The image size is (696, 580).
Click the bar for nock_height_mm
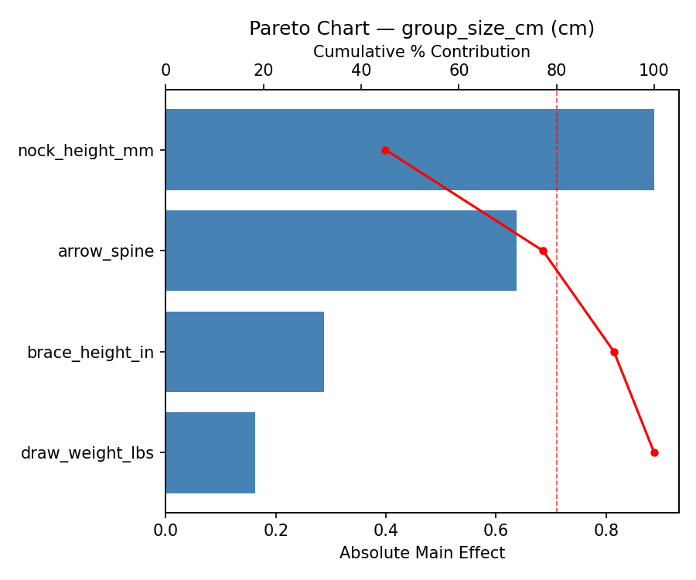[410, 150]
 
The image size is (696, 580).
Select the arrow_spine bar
[341, 251]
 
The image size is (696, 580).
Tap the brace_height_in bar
[244, 352]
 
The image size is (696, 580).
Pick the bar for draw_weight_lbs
[210, 452]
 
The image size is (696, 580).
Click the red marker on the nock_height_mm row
[385, 150]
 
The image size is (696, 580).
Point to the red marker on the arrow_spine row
[543, 251]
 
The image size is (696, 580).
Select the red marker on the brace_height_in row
[614, 352]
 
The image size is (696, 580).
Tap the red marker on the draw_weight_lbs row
[654, 452]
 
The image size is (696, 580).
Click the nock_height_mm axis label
[86, 151]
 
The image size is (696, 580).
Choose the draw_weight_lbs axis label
[87, 453]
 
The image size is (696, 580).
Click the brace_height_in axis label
[90, 353]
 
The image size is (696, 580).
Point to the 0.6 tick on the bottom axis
[496, 531]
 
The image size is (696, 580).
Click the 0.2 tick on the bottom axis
[276, 531]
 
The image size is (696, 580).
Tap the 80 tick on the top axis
[557, 70]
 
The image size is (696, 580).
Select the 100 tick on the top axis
[654, 70]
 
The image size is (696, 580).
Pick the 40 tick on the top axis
[361, 70]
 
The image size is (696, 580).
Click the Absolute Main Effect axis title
[422, 553]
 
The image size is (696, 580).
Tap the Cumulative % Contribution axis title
[422, 52]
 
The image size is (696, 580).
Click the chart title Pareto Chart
[422, 29]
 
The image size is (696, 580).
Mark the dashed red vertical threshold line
[557, 309]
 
